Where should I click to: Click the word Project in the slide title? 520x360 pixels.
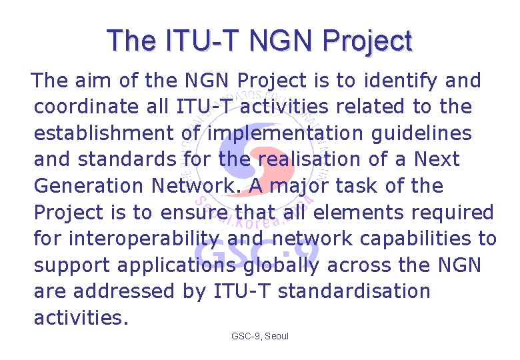click(x=367, y=41)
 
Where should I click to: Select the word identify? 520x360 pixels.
click(x=406, y=81)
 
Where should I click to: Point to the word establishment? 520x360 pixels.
click(x=104, y=133)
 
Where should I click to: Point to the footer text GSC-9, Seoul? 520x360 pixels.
click(x=260, y=337)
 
